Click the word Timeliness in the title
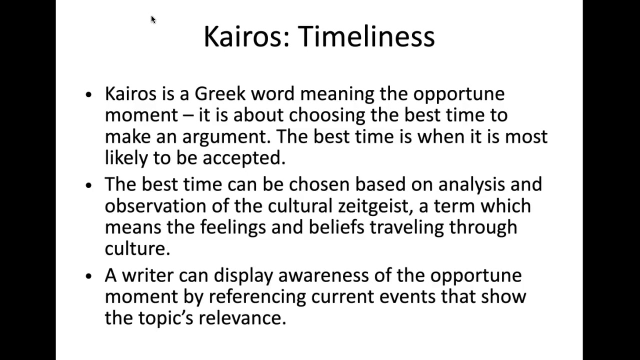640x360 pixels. pos(366,36)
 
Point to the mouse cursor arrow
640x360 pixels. pos(153,19)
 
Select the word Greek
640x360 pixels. pos(220,93)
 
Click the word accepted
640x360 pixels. pos(243,158)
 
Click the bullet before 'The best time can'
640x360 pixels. pos(89,185)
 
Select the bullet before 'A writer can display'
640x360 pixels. pos(89,276)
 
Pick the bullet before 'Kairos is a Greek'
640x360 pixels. pos(89,94)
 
